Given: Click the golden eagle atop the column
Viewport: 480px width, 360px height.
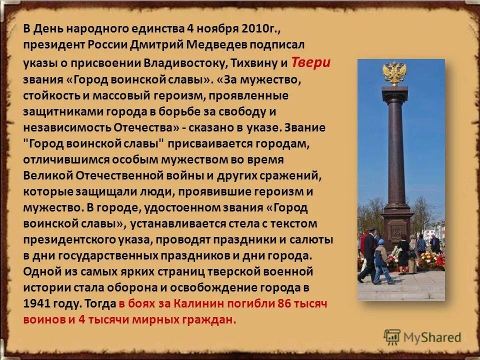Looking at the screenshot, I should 394,73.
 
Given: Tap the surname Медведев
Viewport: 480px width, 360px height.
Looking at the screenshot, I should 217,44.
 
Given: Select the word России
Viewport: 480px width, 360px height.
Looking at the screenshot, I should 108,44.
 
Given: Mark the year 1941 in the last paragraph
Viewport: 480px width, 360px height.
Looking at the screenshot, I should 38,303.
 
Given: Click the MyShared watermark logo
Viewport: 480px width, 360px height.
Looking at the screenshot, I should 421,336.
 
